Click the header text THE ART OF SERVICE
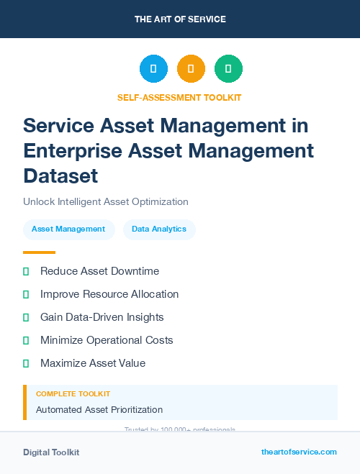(180, 19)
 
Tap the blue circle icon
(153, 69)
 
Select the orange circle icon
(191, 69)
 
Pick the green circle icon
(228, 69)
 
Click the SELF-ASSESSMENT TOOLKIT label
(179, 97)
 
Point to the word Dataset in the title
(60, 176)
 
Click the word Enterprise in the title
(73, 150)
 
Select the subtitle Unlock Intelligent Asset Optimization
(106, 202)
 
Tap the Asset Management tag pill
(68, 229)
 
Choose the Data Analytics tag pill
(159, 229)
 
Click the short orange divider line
(39, 252)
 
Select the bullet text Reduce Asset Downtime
(99, 271)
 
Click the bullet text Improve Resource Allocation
(109, 294)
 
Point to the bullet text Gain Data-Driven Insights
(102, 317)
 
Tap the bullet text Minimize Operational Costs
(107, 340)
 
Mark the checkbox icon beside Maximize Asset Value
(26, 363)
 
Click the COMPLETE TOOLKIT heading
(73, 394)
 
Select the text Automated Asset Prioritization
(99, 410)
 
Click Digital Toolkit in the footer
(51, 452)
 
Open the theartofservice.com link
(299, 452)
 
